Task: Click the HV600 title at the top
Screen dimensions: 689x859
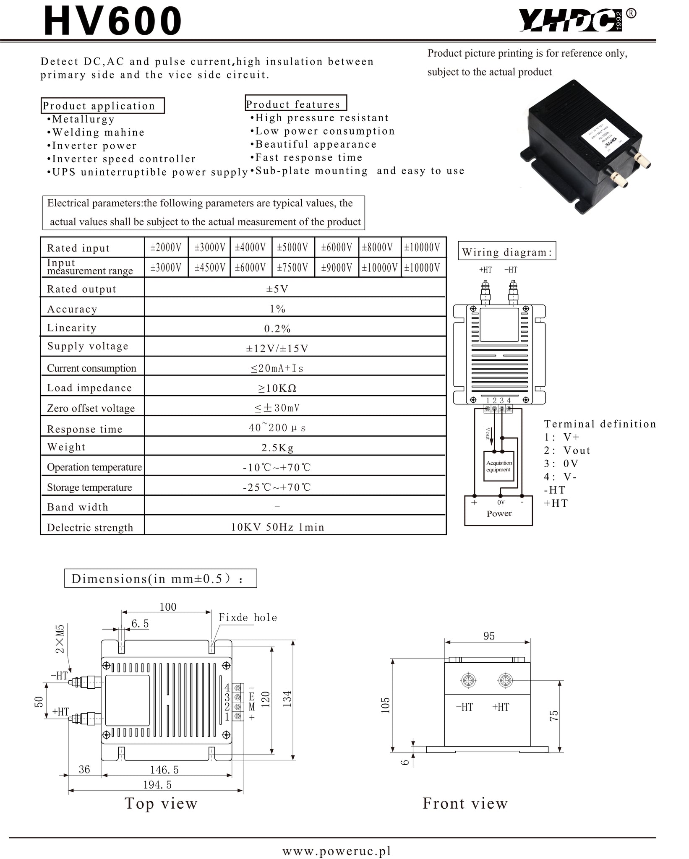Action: pyautogui.click(x=113, y=21)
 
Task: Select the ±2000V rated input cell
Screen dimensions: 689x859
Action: pyautogui.click(x=166, y=247)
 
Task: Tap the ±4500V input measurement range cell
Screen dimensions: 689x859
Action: pyautogui.click(x=210, y=268)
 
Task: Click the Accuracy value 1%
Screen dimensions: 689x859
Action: pyautogui.click(x=277, y=309)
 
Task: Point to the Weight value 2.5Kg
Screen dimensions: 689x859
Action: pyautogui.click(x=277, y=448)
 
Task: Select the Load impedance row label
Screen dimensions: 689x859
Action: pyautogui.click(x=89, y=388)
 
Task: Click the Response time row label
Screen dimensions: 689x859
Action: pyautogui.click(x=85, y=429)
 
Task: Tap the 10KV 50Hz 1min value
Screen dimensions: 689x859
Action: pyautogui.click(x=277, y=527)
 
